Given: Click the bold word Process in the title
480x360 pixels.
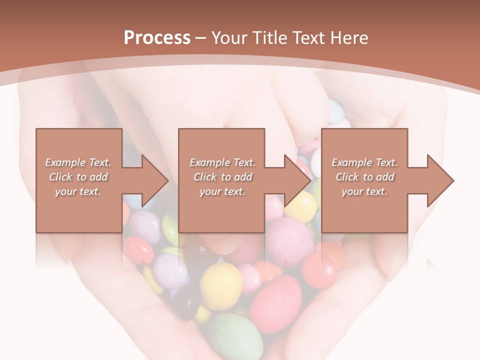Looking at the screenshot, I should (x=157, y=38).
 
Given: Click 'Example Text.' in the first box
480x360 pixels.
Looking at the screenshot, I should (x=78, y=162).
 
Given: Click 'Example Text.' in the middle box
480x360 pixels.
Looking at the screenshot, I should (x=222, y=162).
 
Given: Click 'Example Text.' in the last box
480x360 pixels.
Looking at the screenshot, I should (x=364, y=162).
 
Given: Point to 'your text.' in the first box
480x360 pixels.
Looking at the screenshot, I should (x=78, y=191).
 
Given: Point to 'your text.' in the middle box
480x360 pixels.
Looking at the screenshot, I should (x=222, y=191).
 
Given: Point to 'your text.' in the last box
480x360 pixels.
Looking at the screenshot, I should (x=364, y=191).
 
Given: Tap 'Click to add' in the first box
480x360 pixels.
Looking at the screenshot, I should (x=78, y=177).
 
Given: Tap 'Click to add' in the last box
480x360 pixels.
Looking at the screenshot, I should (x=364, y=177).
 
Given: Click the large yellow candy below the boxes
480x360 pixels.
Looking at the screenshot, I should (x=221, y=285).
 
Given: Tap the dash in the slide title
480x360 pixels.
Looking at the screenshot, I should (x=201, y=38).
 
